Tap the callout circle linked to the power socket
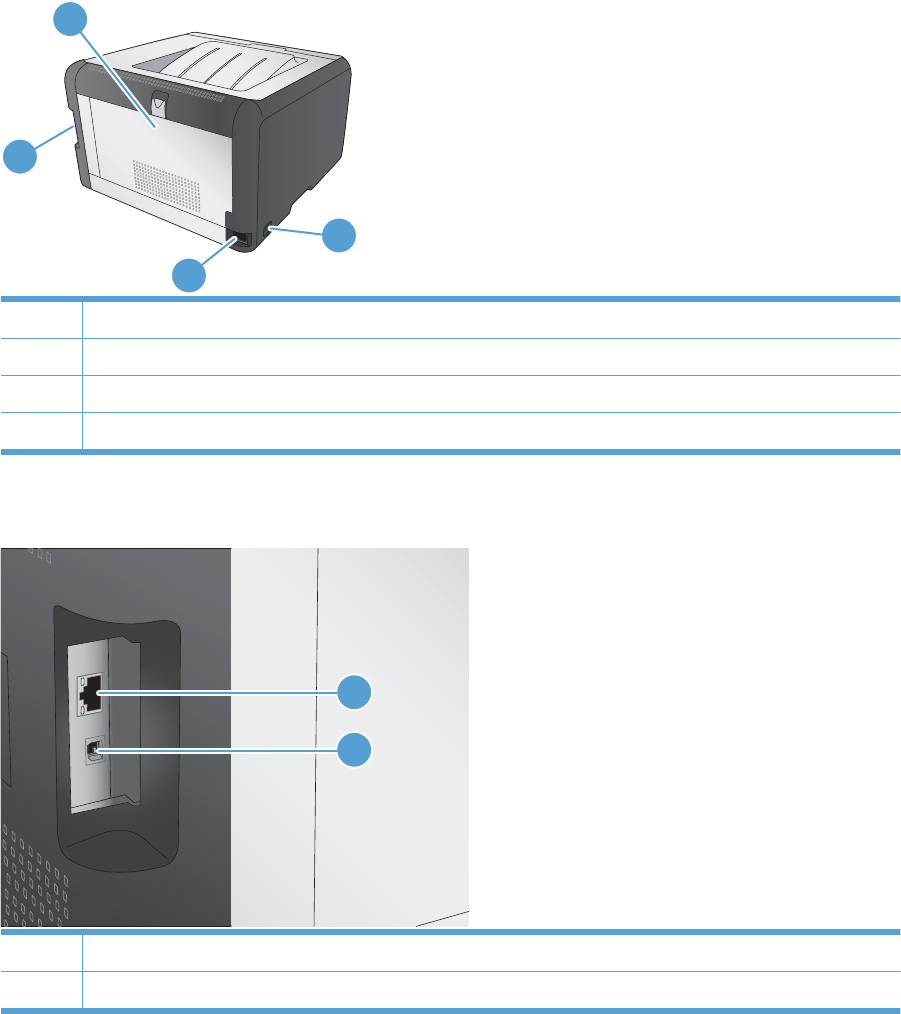[189, 274]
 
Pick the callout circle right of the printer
[340, 235]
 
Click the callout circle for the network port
[352, 692]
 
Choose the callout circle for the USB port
[352, 750]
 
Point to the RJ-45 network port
[89, 691]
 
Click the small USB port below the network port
[92, 750]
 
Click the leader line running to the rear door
[115, 78]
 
